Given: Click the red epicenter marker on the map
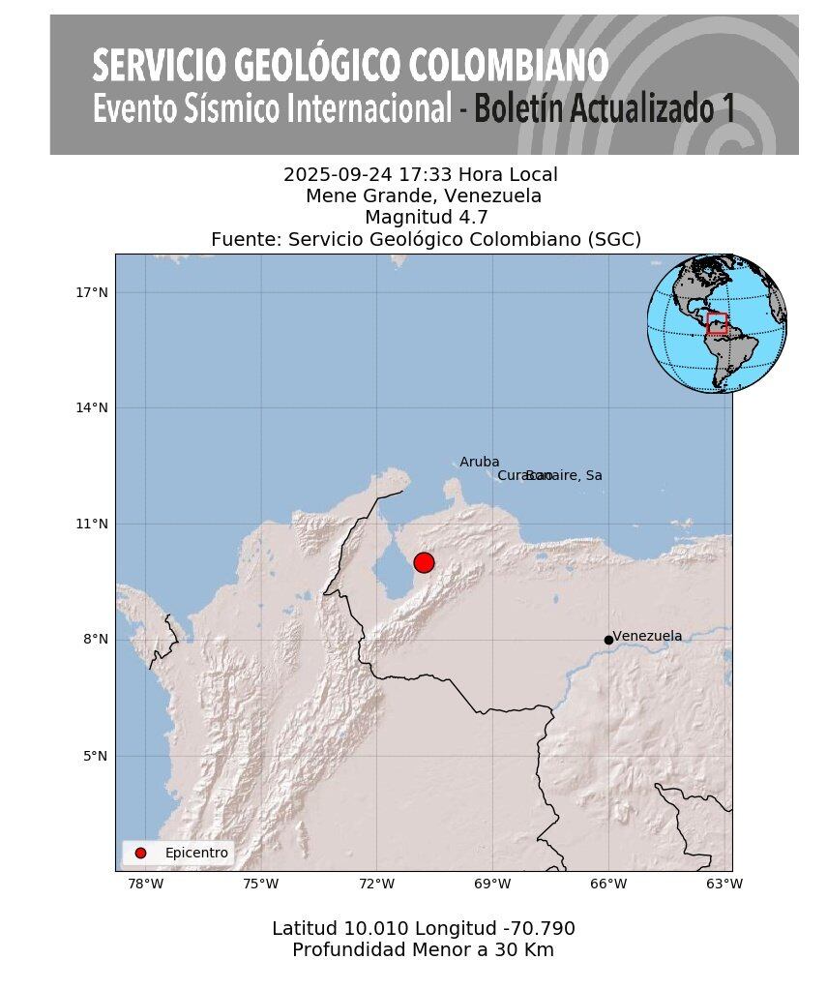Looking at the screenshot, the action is tap(424, 562).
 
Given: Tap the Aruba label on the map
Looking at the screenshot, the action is tap(480, 463).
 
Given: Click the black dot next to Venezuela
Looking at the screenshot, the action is tap(608, 640).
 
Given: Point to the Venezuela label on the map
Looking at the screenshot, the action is tap(648, 636).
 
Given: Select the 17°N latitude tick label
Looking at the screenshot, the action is tap(91, 292).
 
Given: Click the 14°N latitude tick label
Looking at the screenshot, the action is tap(91, 407).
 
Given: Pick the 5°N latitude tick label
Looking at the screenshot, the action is tap(95, 756).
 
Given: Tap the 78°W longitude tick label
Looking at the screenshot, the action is tap(145, 884).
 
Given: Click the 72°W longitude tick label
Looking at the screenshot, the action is tap(376, 884).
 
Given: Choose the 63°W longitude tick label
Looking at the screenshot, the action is tap(724, 884).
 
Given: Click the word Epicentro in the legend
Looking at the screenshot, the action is tap(196, 853).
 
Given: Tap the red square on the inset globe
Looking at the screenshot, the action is tap(717, 323).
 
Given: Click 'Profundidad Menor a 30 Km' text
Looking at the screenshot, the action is tap(423, 950).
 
